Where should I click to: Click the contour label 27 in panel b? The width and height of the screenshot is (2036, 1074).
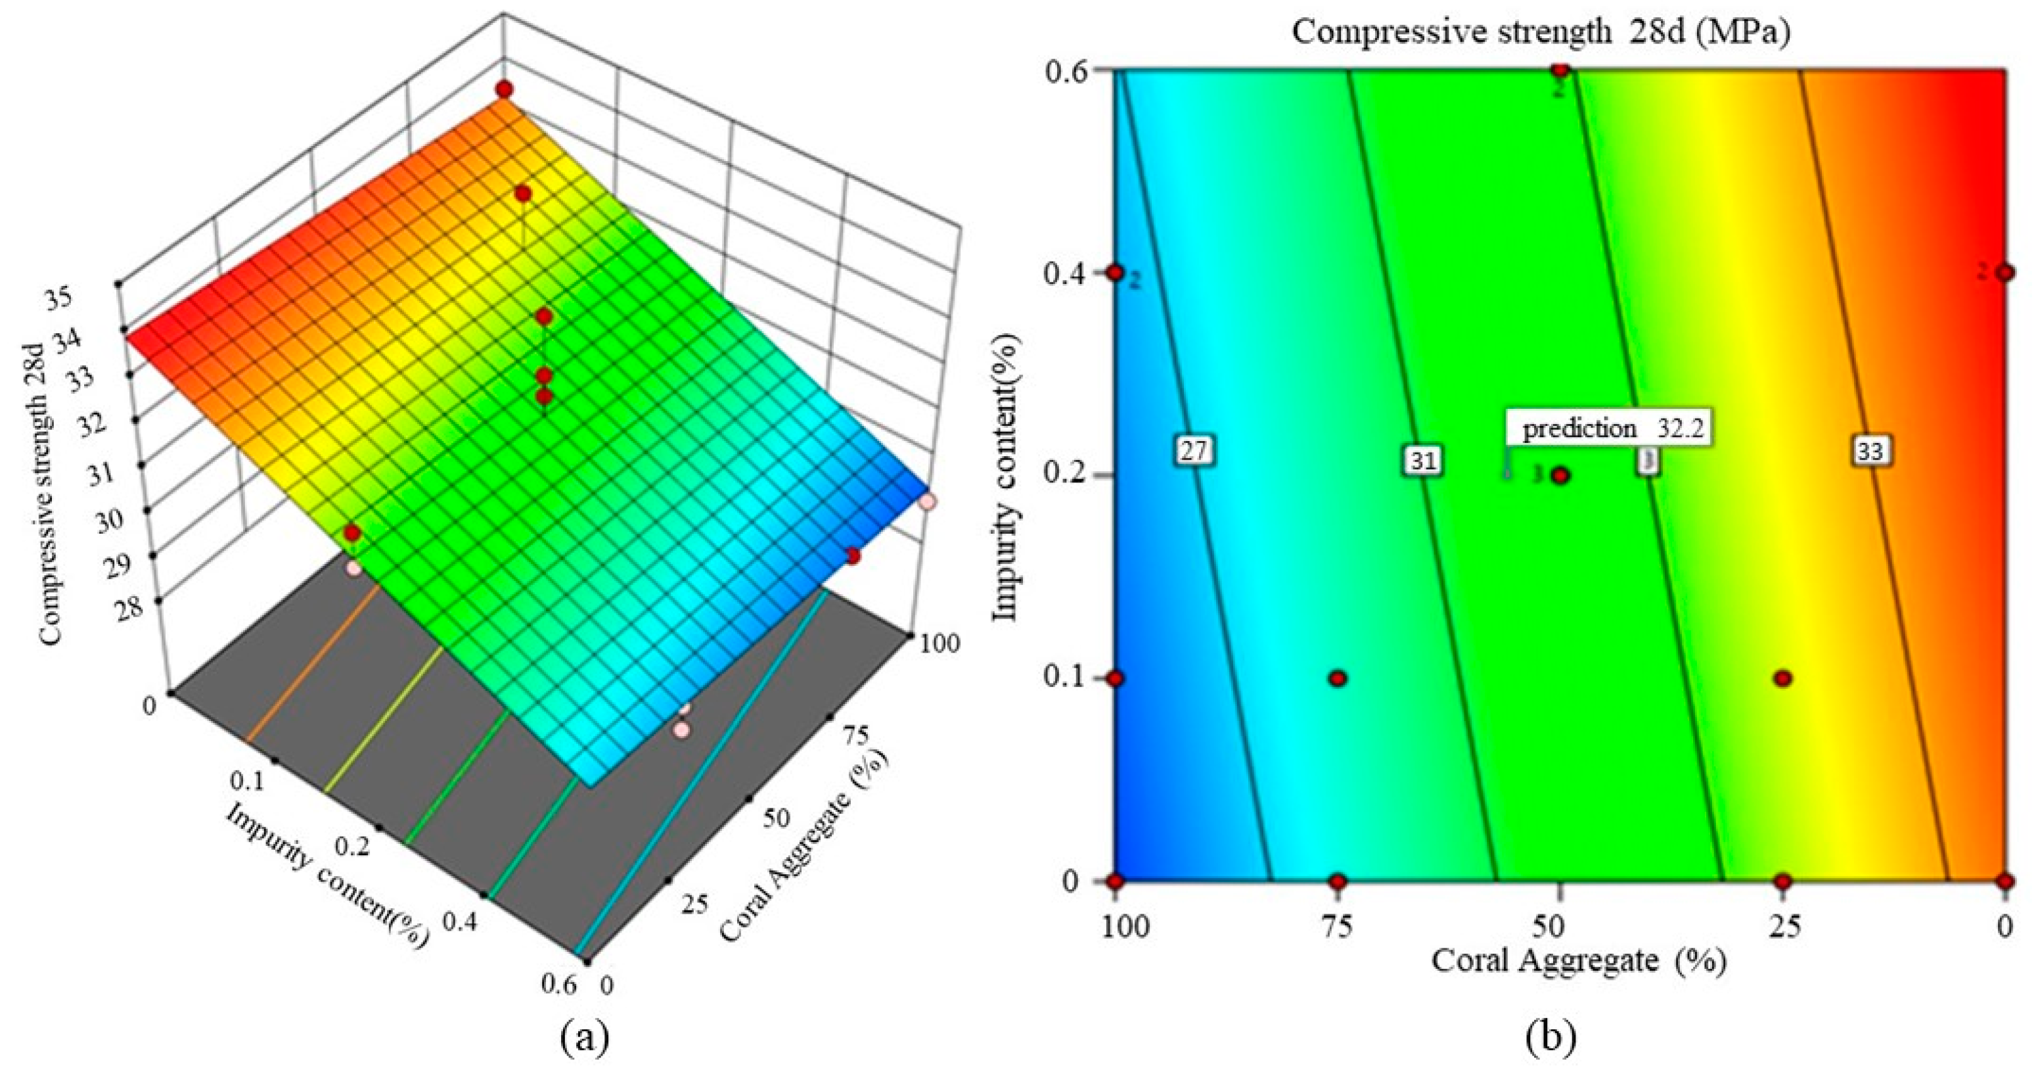tap(1194, 450)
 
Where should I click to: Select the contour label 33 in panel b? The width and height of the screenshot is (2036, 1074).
tap(1870, 451)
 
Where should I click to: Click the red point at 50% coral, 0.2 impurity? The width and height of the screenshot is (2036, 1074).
tap(1560, 475)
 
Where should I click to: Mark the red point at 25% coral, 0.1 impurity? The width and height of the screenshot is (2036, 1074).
tap(1782, 678)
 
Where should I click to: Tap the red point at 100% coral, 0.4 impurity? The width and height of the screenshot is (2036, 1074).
tap(1115, 273)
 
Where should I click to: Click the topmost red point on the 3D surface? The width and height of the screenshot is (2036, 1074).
tap(503, 89)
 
